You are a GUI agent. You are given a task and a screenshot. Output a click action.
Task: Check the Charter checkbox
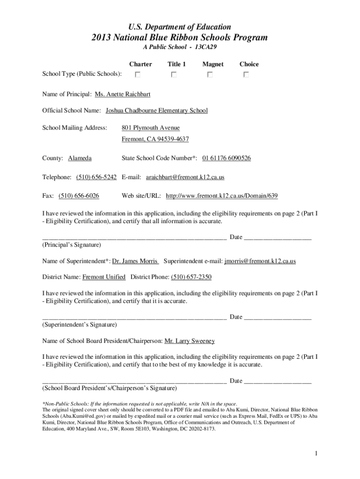pos(138,75)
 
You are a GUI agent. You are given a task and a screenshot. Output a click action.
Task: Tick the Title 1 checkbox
pos(174,75)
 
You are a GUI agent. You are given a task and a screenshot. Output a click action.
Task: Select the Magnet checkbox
pos(210,75)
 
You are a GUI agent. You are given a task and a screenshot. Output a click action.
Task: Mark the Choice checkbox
pos(246,75)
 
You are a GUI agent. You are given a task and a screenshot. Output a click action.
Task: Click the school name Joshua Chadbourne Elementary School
pos(157,111)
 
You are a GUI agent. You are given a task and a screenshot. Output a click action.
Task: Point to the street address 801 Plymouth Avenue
pos(151,128)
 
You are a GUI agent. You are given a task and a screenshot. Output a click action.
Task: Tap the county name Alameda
pos(80,159)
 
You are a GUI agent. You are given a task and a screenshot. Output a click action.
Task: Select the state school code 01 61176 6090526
pos(226,159)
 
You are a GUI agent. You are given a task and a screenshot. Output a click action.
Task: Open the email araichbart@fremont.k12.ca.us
pos(185,178)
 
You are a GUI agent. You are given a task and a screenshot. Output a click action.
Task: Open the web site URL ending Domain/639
pos(218,196)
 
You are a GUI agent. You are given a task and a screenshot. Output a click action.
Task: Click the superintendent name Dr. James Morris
pos(136,261)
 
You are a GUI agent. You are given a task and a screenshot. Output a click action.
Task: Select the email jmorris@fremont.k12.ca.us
pos(260,261)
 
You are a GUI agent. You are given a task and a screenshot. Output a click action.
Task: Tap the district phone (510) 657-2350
pos(191,277)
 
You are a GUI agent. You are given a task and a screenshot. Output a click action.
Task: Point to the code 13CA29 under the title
pos(211,48)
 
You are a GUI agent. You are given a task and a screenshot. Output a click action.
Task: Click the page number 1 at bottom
pos(316,453)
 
